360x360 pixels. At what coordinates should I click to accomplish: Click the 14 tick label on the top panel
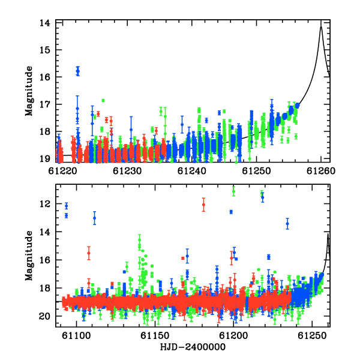point(45,23)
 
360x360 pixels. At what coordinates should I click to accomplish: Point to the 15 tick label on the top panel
point(45,50)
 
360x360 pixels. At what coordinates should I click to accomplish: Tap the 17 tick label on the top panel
point(45,104)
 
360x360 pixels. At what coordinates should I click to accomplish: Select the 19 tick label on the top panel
point(45,159)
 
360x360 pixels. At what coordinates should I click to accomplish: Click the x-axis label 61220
point(62,171)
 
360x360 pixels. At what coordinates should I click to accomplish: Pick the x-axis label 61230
point(127,171)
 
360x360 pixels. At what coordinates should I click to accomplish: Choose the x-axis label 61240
point(192,171)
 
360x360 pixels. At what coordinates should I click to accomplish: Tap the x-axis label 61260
point(321,171)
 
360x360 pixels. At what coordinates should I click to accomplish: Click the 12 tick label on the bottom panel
point(45,203)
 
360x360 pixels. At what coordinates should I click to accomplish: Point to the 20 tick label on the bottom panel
point(45,316)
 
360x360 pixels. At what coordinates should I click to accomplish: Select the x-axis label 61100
point(76,335)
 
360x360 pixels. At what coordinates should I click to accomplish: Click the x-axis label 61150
point(155,335)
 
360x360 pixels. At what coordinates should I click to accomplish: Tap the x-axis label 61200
point(233,335)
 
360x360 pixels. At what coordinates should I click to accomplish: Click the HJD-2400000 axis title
point(193,347)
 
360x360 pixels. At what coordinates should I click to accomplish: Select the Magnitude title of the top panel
point(29,91)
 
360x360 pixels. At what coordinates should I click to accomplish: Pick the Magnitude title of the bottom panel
point(29,256)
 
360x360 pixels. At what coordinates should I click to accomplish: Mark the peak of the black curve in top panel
point(321,26)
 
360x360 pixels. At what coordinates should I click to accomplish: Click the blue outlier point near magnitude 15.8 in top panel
point(78,71)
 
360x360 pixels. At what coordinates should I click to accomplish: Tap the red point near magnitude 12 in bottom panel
point(203,205)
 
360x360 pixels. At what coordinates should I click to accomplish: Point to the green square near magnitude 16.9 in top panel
point(103,100)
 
